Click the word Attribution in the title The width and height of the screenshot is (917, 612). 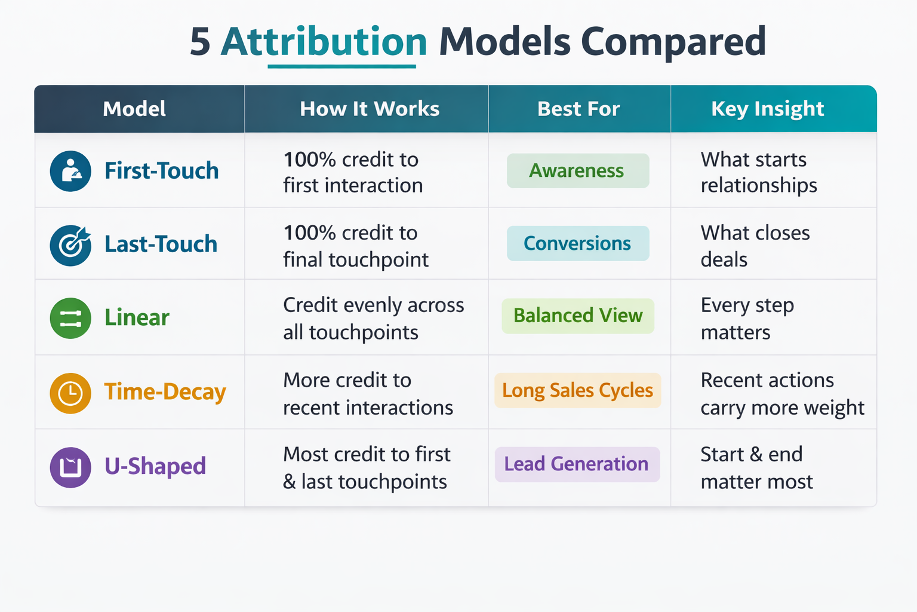click(x=324, y=41)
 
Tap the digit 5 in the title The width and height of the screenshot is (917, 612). click(x=200, y=42)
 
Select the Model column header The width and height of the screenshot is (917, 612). click(x=134, y=109)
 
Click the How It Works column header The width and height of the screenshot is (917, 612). click(x=370, y=109)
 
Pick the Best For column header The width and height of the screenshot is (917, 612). click(x=578, y=109)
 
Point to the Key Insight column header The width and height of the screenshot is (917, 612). click(x=768, y=109)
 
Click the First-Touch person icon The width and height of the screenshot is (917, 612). click(x=70, y=171)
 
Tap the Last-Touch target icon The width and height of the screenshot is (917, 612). click(x=70, y=245)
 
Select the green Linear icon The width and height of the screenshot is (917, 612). click(x=70, y=318)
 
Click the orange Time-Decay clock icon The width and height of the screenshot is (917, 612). click(x=70, y=393)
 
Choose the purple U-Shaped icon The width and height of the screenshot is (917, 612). click(x=70, y=467)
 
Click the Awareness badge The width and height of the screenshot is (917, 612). click(x=578, y=170)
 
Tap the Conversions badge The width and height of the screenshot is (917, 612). click(x=578, y=243)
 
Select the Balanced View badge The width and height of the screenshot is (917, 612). click(x=578, y=316)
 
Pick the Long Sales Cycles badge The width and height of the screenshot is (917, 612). click(x=578, y=390)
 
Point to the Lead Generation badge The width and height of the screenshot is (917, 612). click(x=577, y=464)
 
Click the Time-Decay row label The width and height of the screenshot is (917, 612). click(x=165, y=392)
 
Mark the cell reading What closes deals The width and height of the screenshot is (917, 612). click(x=755, y=246)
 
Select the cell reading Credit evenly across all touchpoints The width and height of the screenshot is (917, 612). click(x=373, y=319)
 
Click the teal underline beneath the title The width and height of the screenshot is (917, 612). click(x=342, y=66)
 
